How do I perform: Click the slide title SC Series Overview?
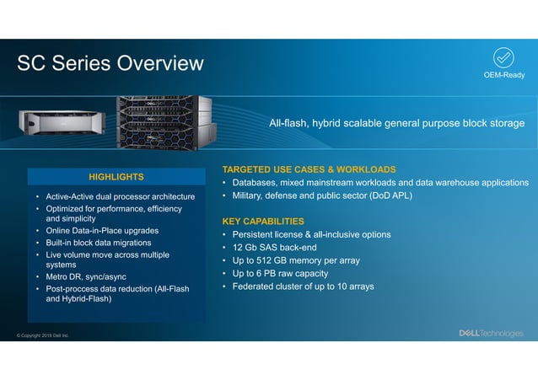coord(110,63)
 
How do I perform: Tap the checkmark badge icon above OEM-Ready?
coord(503,57)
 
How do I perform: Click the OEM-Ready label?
coord(503,75)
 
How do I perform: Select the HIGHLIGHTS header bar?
coord(116,176)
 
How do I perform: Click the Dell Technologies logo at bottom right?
coord(490,333)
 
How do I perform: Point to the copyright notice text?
coord(43,335)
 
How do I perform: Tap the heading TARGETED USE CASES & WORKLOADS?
coord(309,169)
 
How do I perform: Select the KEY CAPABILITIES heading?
coord(262,221)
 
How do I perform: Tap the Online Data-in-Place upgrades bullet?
coord(102,230)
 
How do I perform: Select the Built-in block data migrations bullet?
coord(104,243)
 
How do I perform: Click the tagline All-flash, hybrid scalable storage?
coord(396,124)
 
